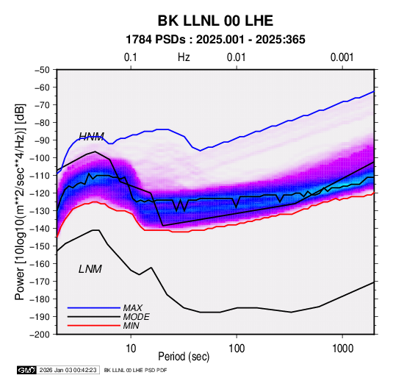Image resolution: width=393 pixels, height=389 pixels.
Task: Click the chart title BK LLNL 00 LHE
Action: click(x=215, y=21)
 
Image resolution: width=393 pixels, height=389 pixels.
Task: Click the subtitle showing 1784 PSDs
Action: click(x=215, y=40)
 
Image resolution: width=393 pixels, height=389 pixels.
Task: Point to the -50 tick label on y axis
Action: click(x=42, y=70)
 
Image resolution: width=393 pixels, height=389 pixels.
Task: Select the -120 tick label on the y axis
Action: click(x=40, y=193)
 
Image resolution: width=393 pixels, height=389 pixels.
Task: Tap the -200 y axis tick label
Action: click(x=40, y=335)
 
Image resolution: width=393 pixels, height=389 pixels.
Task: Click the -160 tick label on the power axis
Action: click(x=40, y=264)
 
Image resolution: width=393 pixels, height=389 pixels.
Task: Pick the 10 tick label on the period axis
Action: click(x=131, y=349)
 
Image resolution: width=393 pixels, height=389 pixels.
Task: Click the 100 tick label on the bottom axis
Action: click(x=237, y=349)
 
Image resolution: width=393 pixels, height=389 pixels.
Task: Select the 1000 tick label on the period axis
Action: click(x=342, y=349)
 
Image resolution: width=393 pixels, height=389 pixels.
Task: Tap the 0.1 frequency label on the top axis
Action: click(x=131, y=57)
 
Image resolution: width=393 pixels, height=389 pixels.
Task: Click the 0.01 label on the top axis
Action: click(x=236, y=57)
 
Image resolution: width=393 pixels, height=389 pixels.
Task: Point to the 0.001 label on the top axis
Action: click(x=342, y=57)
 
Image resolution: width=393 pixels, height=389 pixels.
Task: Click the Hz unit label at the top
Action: click(x=184, y=57)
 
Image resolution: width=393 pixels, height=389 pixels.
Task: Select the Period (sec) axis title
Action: click(x=184, y=357)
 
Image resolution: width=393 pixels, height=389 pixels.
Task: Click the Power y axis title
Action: click(x=20, y=201)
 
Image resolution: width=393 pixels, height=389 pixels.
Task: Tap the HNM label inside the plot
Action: click(x=92, y=136)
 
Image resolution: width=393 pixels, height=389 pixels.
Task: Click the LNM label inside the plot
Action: click(x=90, y=269)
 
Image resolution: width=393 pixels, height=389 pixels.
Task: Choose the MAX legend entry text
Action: click(x=133, y=307)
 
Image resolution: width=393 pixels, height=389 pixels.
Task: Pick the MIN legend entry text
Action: click(x=131, y=326)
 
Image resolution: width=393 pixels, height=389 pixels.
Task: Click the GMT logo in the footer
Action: click(x=26, y=370)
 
